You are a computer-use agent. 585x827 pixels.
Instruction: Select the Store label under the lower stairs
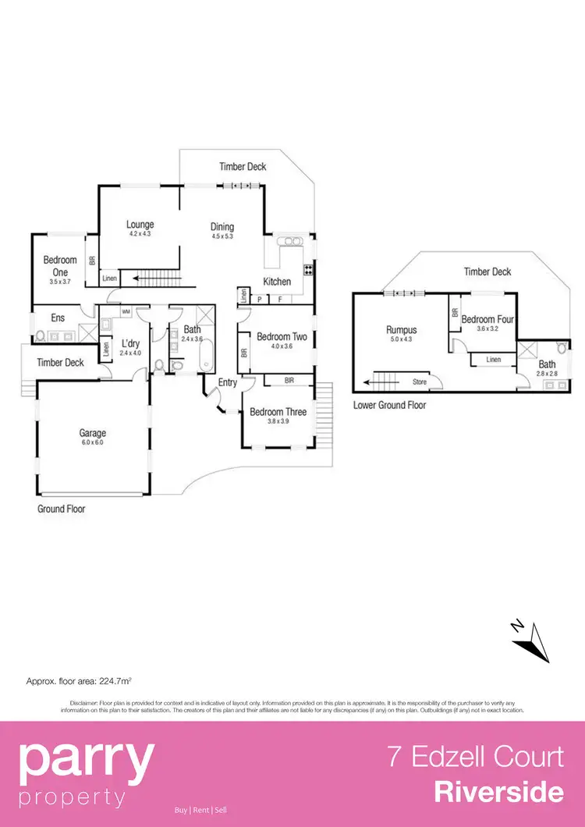420,382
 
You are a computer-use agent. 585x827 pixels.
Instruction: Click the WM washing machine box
126,311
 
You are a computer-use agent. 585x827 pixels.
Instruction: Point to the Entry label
228,382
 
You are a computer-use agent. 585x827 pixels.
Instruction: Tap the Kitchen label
277,282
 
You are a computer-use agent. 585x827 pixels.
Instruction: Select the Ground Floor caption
62,509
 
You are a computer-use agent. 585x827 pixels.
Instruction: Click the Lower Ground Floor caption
390,406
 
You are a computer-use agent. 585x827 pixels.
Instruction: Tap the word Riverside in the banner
498,793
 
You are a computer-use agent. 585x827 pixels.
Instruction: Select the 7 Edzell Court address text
476,757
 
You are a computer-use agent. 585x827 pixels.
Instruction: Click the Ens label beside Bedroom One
58,318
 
